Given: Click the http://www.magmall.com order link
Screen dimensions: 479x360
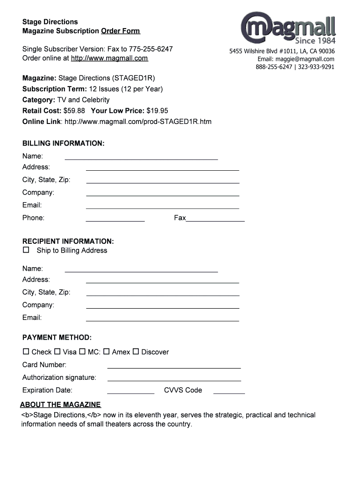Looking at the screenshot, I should point(109,58).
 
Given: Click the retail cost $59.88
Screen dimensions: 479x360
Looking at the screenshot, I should point(74,111).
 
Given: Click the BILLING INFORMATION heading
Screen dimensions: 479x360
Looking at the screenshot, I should point(64,143).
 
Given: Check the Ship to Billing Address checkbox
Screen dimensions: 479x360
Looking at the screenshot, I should point(26,250).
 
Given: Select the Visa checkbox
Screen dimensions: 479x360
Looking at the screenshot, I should point(58,351).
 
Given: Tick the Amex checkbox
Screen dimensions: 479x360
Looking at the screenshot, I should point(107,351).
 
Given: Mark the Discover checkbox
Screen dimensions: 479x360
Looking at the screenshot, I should point(136,351).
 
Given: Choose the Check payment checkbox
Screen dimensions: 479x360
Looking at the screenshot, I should point(26,351).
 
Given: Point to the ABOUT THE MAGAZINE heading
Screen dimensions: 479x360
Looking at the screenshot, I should point(60,405).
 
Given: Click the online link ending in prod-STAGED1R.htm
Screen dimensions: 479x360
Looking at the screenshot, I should point(138,122).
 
